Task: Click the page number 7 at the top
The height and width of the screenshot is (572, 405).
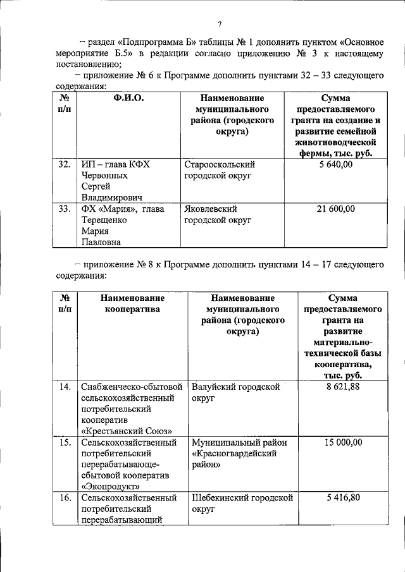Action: (220, 24)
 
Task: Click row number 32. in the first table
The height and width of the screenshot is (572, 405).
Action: (64, 165)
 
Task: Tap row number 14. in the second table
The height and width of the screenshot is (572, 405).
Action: (64, 387)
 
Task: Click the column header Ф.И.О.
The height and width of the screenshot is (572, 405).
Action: (128, 99)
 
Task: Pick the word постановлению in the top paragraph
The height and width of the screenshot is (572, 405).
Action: (87, 64)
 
